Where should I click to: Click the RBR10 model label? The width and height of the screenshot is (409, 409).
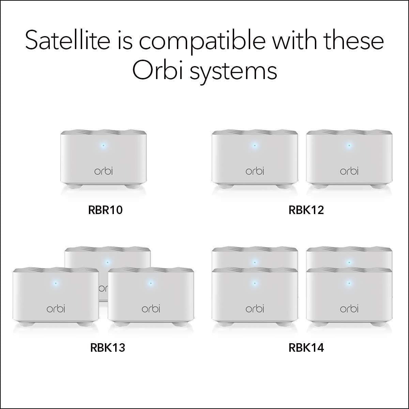coord(105,210)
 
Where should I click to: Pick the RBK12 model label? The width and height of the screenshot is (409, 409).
coord(306,210)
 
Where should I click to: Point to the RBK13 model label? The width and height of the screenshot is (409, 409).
coord(108,348)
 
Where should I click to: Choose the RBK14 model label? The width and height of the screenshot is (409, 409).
coord(306,348)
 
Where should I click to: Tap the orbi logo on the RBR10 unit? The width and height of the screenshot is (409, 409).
coord(103,171)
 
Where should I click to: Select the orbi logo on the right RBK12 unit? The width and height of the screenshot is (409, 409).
coord(349,171)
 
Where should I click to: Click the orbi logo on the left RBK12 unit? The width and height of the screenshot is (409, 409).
coord(255,171)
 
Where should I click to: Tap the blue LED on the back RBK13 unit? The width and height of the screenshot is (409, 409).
coord(107,262)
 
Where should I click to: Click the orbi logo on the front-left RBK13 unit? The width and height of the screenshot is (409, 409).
coord(56,308)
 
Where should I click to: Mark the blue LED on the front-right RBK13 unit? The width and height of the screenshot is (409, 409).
coord(150,283)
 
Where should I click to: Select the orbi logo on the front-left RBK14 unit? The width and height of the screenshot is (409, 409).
coord(255,308)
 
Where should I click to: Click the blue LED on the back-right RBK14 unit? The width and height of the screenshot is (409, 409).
coord(349,262)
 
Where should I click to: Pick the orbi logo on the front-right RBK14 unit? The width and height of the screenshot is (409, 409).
coord(349,308)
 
